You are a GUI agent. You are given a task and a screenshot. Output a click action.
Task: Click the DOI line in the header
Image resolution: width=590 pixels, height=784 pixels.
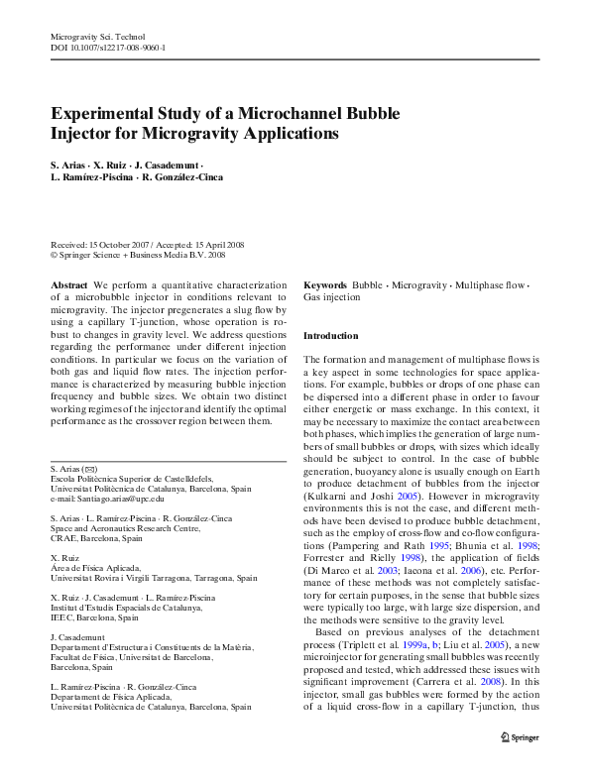tap(107, 48)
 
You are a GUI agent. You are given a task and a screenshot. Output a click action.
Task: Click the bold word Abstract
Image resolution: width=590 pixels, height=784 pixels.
tap(68, 284)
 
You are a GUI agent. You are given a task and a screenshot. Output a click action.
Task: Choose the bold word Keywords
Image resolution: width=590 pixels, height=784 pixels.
tap(324, 284)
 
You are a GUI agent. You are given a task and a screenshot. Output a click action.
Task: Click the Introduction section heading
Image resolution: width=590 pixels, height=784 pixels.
tap(330, 336)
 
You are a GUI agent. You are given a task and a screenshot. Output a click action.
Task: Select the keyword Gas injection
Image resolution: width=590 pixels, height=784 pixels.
tap(331, 296)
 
